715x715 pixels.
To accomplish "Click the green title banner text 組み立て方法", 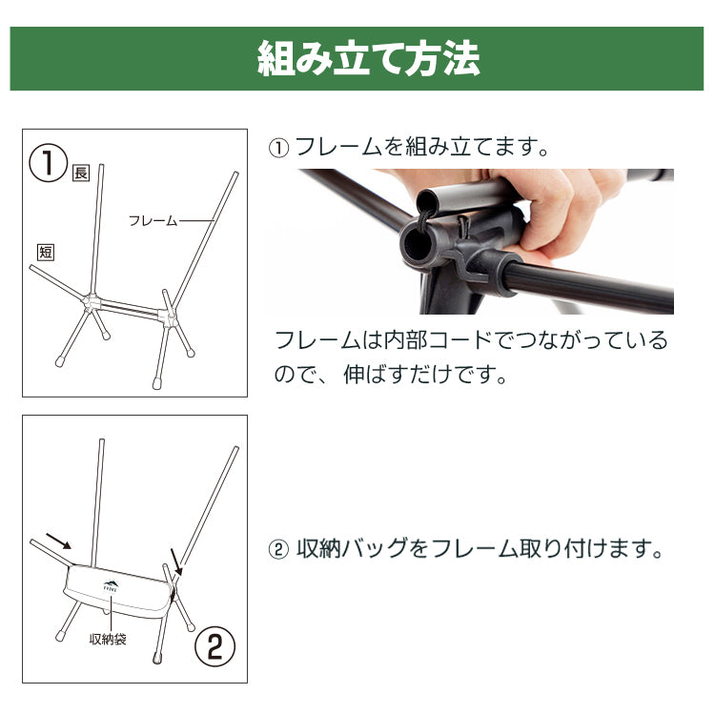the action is coord(368,59).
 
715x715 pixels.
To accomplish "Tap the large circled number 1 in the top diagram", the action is coord(48,163).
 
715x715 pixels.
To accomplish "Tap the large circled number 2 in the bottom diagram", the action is coord(214,646).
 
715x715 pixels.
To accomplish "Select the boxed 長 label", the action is coord(81,173).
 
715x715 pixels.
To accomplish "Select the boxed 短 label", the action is coord(46,253).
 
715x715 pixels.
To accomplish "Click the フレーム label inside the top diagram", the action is coord(153,221).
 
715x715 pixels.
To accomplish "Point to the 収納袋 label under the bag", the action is coord(108,640).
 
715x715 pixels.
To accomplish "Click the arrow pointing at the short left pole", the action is coord(58,541).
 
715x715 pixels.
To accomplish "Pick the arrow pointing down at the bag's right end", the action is coord(176,562).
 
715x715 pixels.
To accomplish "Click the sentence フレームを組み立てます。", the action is coord(410,147).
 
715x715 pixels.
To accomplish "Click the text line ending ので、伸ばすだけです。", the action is coord(391,375).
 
